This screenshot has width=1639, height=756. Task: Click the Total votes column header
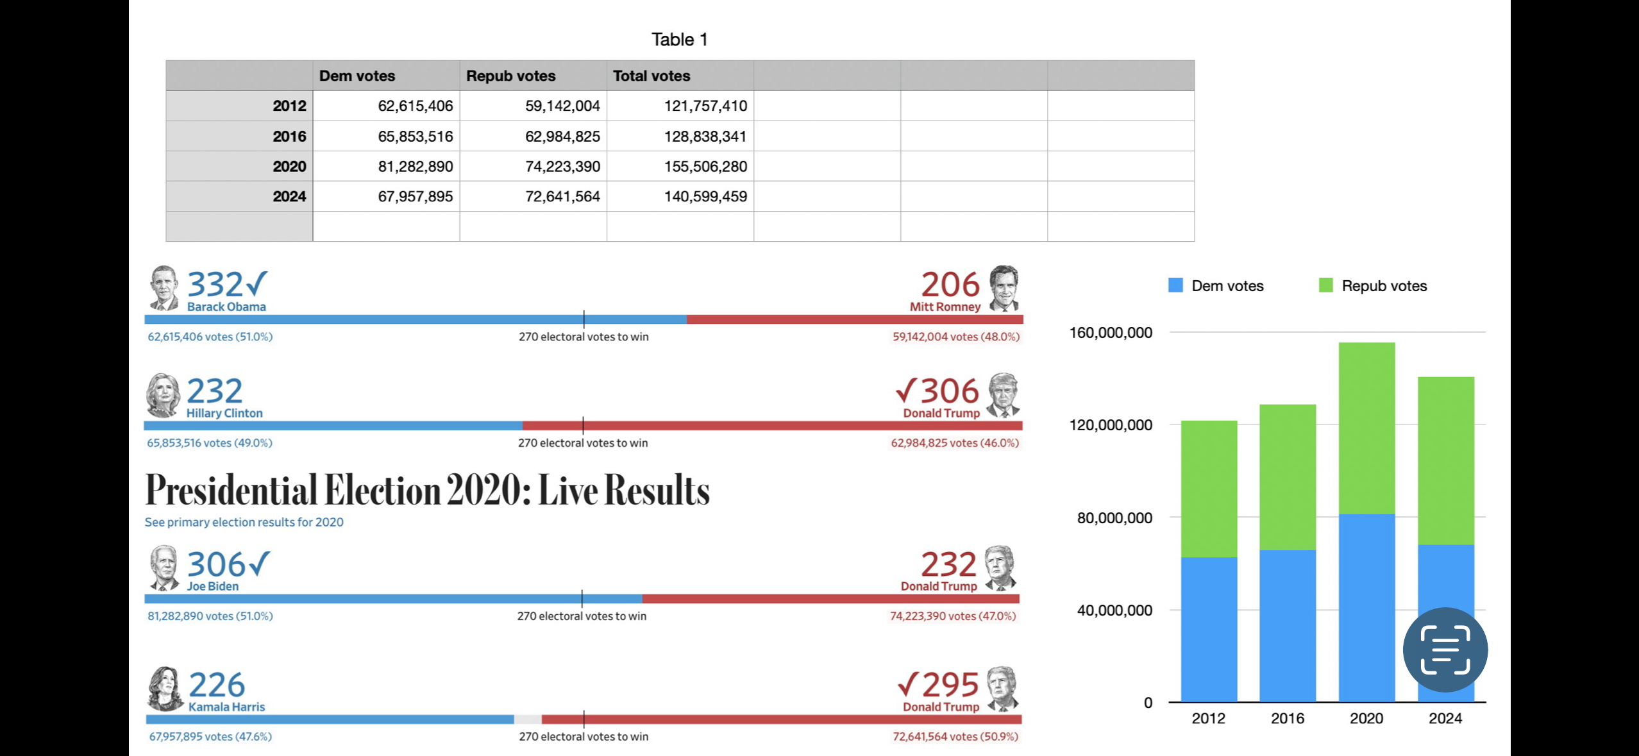point(651,76)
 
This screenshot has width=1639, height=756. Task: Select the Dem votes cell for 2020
point(415,167)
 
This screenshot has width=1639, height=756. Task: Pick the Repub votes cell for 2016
point(562,137)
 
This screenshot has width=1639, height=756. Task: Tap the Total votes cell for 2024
point(705,197)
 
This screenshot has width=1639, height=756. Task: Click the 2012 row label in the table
point(289,106)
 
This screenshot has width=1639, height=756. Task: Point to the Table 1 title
point(679,40)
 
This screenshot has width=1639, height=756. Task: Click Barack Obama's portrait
point(164,288)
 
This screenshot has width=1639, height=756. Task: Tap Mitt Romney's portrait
point(1004,288)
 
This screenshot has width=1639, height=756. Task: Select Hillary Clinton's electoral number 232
point(214,391)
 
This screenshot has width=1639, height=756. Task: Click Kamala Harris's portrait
point(165,689)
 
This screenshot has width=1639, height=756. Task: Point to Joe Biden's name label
point(212,586)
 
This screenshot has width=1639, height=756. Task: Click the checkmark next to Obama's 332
point(256,283)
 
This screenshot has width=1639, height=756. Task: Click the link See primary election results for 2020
point(244,522)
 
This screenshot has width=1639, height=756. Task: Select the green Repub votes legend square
point(1325,285)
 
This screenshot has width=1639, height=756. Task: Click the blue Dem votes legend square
point(1175,285)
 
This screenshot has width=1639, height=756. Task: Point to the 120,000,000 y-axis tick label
point(1110,425)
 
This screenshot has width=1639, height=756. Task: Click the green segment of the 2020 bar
point(1366,428)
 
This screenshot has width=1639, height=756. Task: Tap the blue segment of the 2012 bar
point(1209,628)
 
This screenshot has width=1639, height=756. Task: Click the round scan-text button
point(1445,649)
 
